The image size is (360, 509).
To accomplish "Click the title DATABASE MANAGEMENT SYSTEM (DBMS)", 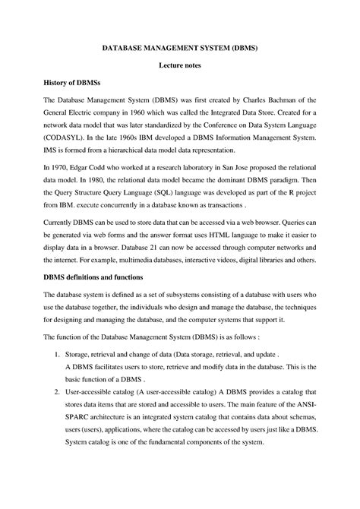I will click(180, 47).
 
